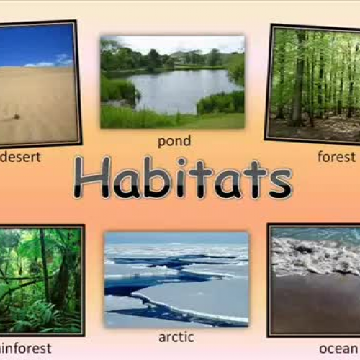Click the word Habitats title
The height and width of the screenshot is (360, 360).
(x=182, y=177)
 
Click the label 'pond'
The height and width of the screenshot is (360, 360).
(x=174, y=140)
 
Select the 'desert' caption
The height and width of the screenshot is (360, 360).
(x=20, y=156)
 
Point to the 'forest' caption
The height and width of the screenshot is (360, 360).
(x=336, y=156)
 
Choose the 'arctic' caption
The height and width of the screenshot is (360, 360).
(x=176, y=336)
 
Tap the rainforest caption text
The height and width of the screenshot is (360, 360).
(x=26, y=348)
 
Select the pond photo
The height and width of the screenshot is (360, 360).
(x=172, y=81)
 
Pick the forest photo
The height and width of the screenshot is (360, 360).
(x=315, y=83)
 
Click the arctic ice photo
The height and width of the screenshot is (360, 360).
(x=176, y=279)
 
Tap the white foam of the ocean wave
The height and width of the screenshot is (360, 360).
(x=310, y=256)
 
